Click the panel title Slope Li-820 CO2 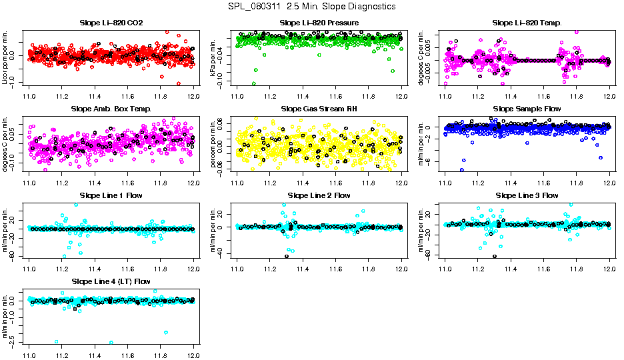tap(111, 23)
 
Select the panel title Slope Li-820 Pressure tap(319, 23)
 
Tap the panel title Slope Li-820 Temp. tap(527, 23)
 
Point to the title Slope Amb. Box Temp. tap(111, 109)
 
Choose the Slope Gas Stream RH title tap(319, 109)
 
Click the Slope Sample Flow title tap(527, 109)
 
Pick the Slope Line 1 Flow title tap(111, 195)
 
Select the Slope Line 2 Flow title tap(319, 195)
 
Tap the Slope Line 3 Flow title tap(527, 195)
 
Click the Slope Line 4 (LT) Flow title tap(111, 281)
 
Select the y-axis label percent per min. tap(213, 143)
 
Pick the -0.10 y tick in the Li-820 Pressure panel tap(221, 82)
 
